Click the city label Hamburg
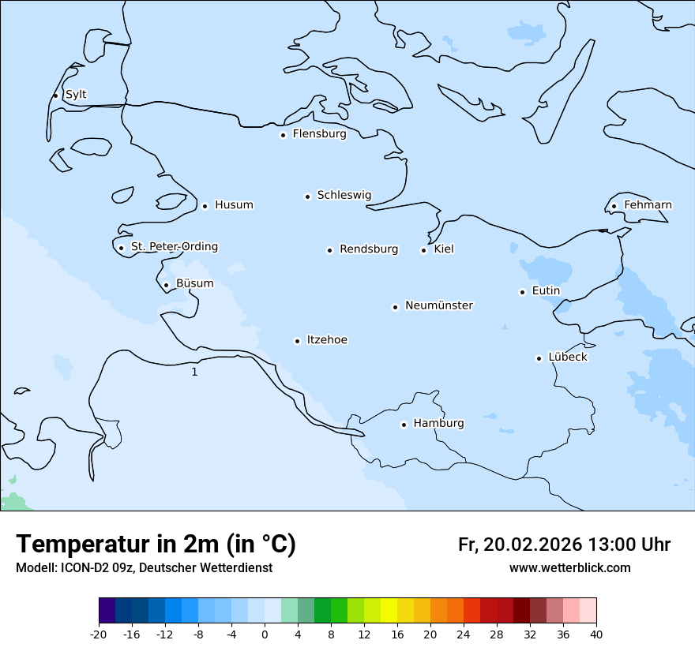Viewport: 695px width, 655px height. tap(438, 424)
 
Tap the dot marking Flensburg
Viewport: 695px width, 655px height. tap(283, 135)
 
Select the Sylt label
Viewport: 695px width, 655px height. tap(76, 95)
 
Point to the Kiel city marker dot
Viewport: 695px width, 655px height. tap(423, 250)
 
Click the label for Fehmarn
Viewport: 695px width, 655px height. tap(648, 205)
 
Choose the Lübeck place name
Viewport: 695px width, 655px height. tap(567, 357)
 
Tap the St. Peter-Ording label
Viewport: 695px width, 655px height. tap(174, 247)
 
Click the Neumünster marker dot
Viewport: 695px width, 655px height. tap(395, 307)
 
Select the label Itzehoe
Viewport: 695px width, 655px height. tap(327, 340)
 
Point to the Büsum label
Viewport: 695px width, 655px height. tap(194, 283)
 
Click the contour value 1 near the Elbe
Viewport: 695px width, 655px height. tap(194, 372)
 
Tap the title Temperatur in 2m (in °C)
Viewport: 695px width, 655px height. tap(156, 545)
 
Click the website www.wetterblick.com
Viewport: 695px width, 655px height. tap(569, 568)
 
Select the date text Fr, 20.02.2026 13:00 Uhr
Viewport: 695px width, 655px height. tap(564, 545)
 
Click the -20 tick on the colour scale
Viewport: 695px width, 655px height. tap(99, 634)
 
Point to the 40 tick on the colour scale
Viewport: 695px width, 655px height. tap(596, 634)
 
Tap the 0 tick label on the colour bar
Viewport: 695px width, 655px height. tap(265, 634)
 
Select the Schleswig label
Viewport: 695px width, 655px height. tap(344, 195)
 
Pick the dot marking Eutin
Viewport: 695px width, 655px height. tap(522, 292)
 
